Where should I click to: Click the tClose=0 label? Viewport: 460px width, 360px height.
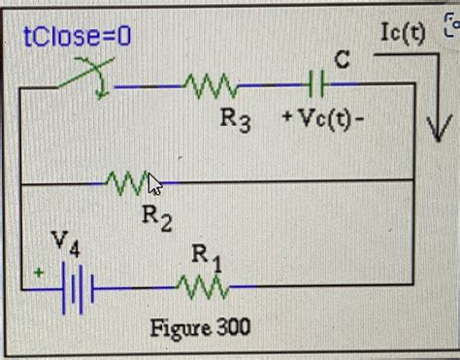[x=77, y=38]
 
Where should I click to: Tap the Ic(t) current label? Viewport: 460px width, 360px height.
[x=404, y=33]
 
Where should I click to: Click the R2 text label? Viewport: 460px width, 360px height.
[x=157, y=216]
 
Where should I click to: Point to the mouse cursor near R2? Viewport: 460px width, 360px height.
[x=154, y=183]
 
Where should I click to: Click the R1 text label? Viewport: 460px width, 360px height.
[x=206, y=256]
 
